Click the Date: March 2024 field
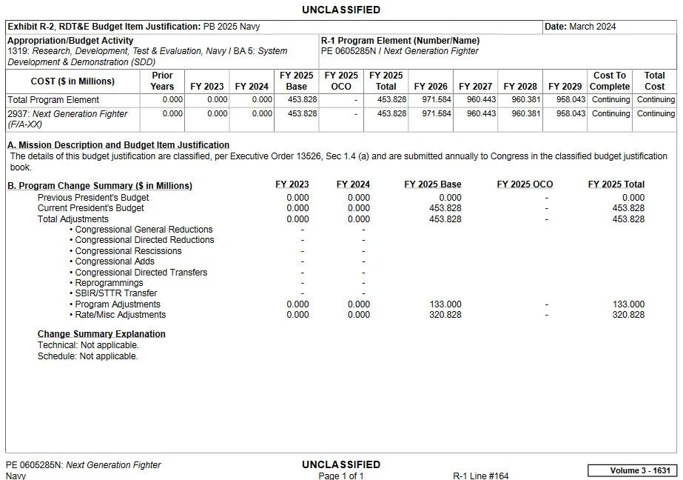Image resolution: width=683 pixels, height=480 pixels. pos(580,27)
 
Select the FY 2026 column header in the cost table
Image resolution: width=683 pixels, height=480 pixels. pos(431,87)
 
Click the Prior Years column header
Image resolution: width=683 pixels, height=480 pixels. pos(162,81)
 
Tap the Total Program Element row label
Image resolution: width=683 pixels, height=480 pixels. pos(53,100)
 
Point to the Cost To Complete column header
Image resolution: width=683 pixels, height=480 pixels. pos(610,81)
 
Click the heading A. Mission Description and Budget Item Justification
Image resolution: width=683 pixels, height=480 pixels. pos(118,145)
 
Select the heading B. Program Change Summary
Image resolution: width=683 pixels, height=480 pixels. pos(100,185)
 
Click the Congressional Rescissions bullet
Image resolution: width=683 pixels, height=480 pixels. pos(128,251)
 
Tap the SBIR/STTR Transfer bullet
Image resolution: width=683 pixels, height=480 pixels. pos(115,293)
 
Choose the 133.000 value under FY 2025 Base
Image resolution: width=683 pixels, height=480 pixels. pos(445,304)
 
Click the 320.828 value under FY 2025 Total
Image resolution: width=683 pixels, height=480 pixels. pos(628,315)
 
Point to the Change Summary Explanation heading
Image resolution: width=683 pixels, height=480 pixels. pos(101,334)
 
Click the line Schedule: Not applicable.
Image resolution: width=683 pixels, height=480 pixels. pos(88,356)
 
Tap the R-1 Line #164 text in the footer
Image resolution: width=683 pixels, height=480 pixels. pos(481,476)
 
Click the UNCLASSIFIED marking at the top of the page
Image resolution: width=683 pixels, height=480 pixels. pos(341,10)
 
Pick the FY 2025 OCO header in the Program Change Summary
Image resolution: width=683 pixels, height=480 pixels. pos(525,184)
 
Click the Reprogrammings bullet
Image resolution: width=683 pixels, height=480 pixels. pos(109,283)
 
